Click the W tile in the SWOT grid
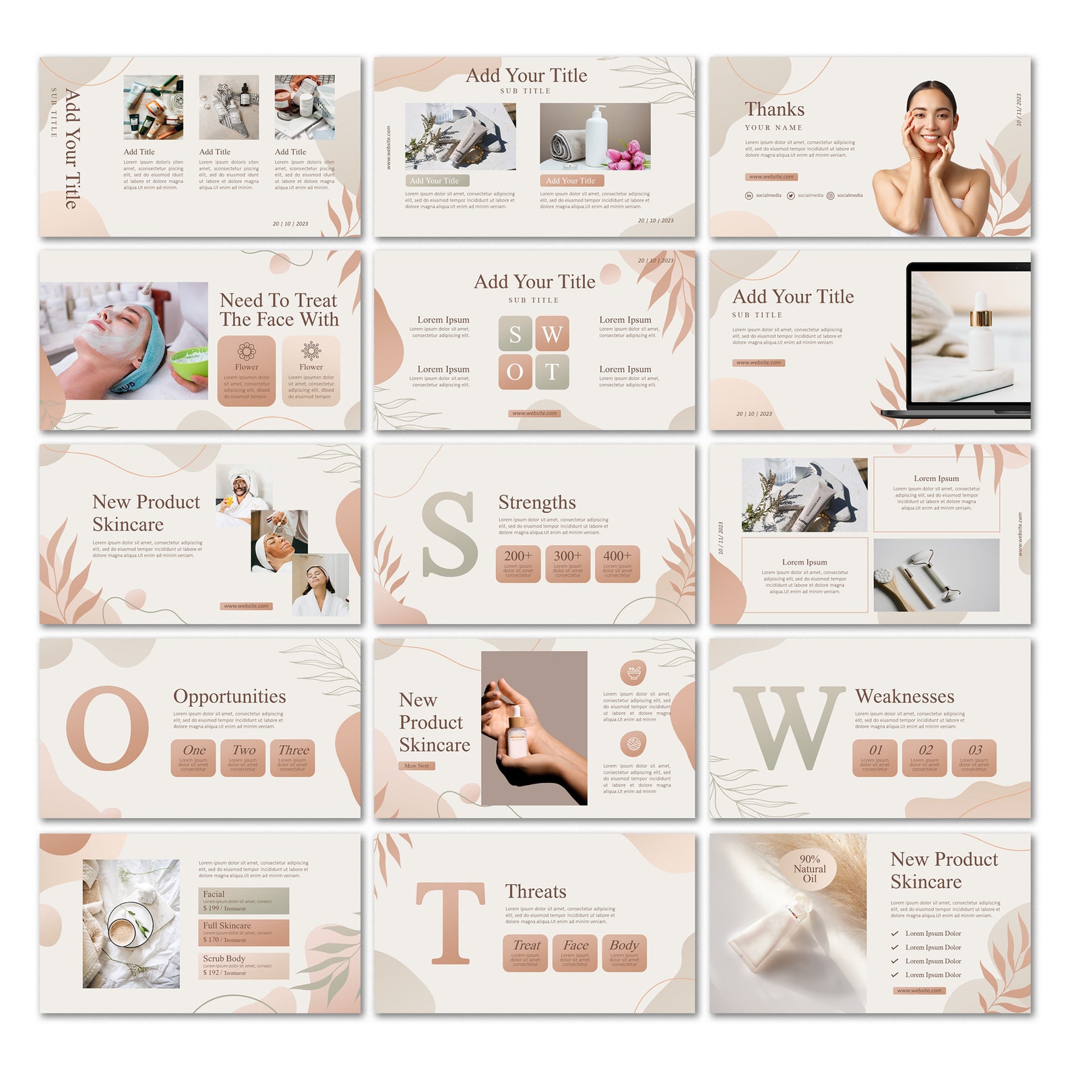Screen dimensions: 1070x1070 click(x=552, y=334)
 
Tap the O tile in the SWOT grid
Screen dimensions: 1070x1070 click(x=515, y=372)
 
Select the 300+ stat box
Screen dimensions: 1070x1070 click(x=567, y=563)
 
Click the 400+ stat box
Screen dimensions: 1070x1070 click(x=617, y=563)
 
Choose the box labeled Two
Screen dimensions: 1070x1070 click(x=243, y=758)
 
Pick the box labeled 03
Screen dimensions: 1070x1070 click(x=974, y=758)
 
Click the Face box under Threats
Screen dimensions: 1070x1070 click(x=575, y=953)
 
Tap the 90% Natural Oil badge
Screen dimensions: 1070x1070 click(x=809, y=869)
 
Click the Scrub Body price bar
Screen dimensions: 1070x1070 click(x=244, y=966)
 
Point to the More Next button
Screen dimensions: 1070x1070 click(x=417, y=765)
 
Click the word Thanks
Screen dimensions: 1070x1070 click(x=774, y=109)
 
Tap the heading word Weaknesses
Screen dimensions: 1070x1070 click(x=904, y=696)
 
